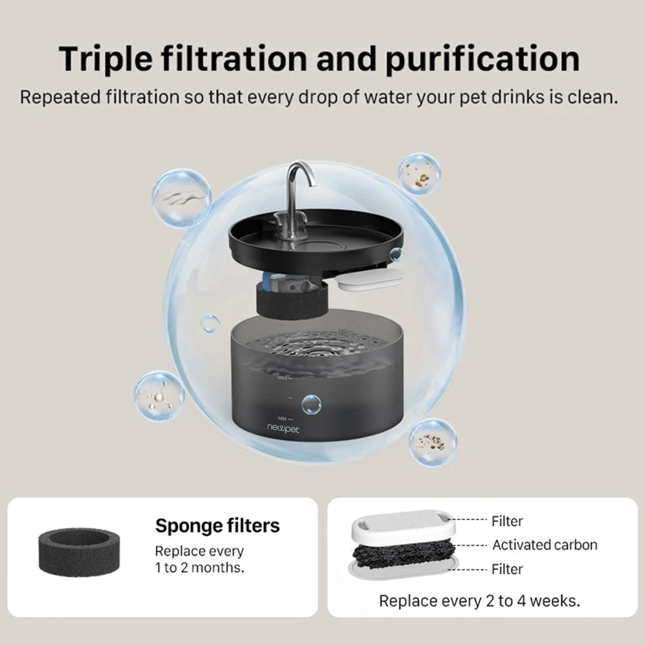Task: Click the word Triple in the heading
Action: (106, 59)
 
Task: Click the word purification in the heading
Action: (482, 59)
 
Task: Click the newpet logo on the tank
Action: (283, 429)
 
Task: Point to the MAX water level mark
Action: (284, 377)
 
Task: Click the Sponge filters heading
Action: (217, 526)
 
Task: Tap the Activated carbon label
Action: (544, 544)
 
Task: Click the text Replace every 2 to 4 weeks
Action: (479, 601)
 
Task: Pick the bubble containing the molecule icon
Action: (159, 396)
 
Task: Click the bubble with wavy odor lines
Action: (181, 198)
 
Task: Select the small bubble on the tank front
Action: (311, 405)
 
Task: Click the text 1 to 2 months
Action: (199, 568)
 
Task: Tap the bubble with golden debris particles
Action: (419, 174)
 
